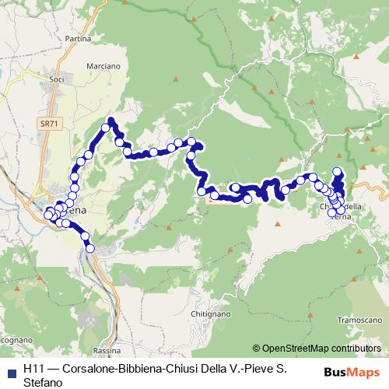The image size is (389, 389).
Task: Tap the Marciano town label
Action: tap(104, 67)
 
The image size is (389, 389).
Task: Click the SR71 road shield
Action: tap(49, 124)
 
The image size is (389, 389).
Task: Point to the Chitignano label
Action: tap(209, 314)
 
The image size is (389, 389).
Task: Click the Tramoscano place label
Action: tap(358, 319)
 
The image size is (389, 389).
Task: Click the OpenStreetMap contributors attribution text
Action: tap(321, 349)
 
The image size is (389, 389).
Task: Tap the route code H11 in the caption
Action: tap(35, 370)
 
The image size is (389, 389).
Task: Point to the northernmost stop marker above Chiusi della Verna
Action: tap(337, 171)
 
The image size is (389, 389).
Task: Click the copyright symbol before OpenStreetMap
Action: tap(256, 349)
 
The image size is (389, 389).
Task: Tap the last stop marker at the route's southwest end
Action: tap(90, 248)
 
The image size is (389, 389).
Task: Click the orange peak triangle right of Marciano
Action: tap(177, 79)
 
